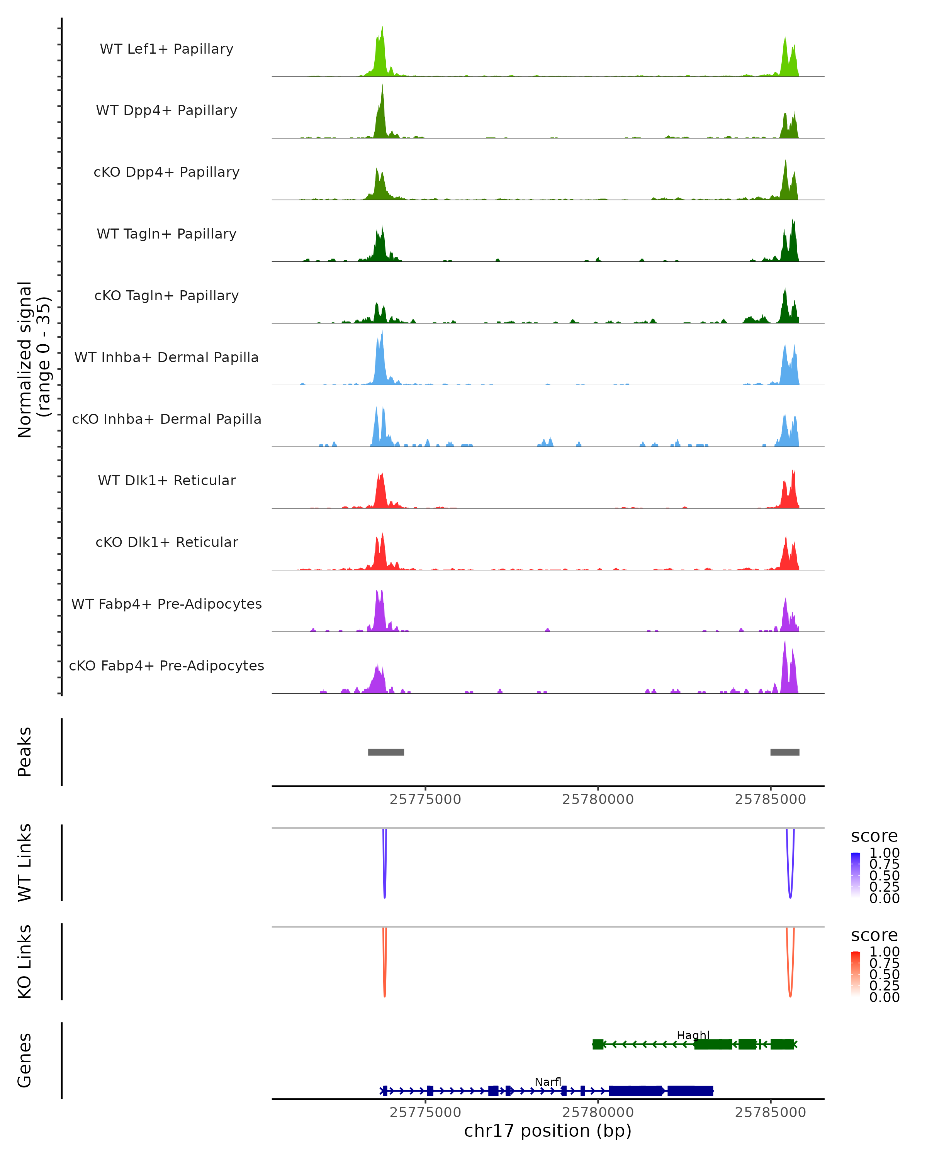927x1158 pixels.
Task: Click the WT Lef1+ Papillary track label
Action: (166, 49)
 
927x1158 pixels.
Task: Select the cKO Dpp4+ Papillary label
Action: (166, 173)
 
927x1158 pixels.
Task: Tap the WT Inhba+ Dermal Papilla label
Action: (166, 358)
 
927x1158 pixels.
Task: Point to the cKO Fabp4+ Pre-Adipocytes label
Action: (166, 666)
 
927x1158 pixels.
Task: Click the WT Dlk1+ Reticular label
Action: (166, 481)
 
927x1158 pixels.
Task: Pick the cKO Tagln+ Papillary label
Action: (166, 296)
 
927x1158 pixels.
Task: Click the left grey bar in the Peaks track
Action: (386, 752)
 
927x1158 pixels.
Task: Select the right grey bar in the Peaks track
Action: (784, 752)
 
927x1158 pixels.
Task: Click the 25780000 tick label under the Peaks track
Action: (598, 800)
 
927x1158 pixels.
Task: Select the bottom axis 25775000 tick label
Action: (425, 1112)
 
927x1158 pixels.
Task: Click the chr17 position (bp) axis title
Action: (548, 1131)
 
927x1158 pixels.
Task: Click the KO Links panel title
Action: (25, 962)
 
